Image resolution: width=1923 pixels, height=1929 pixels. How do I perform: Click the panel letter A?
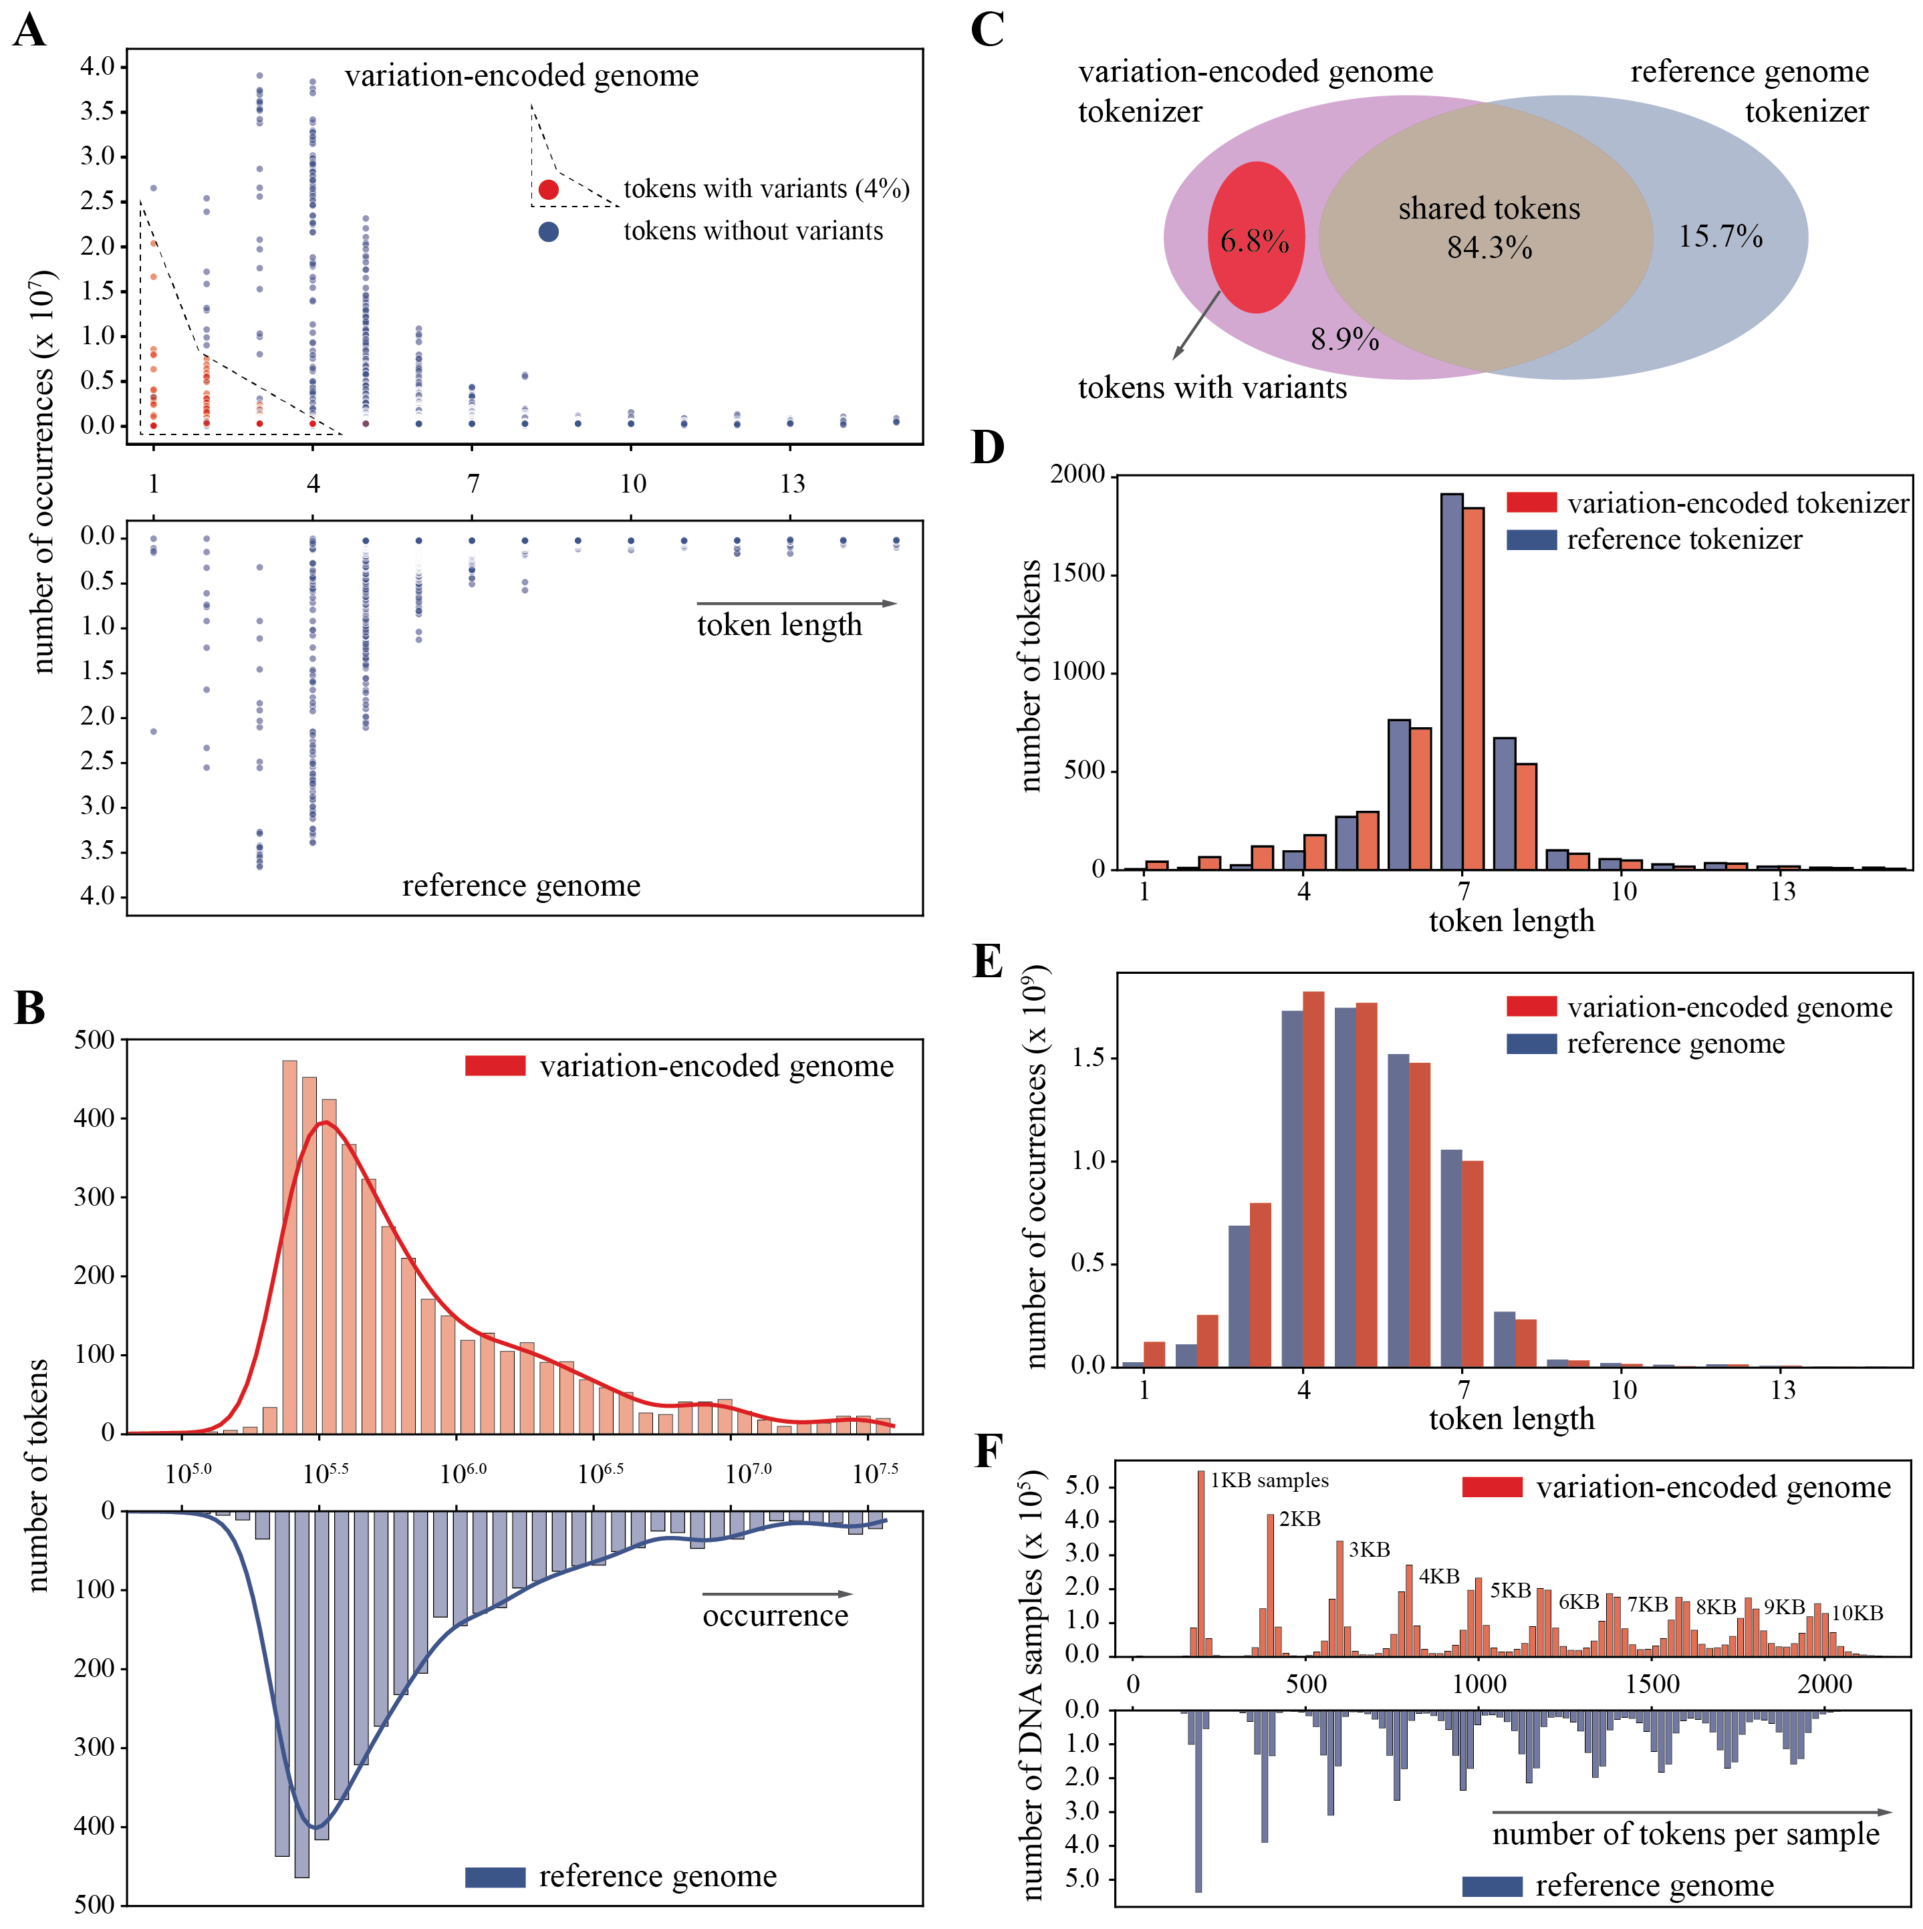click(x=30, y=30)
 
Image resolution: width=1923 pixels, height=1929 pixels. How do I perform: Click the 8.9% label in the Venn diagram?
click(x=1344, y=340)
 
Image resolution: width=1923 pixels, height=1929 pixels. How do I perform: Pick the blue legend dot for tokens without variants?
click(x=548, y=232)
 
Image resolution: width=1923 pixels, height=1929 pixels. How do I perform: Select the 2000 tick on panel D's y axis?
click(x=1077, y=475)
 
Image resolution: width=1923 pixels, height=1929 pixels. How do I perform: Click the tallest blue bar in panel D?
click(x=1452, y=681)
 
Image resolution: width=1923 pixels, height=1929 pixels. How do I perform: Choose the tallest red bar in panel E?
click(x=1314, y=1178)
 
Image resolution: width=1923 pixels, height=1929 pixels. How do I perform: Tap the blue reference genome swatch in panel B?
click(x=495, y=1877)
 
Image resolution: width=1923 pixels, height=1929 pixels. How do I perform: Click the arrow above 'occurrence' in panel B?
click(x=777, y=1593)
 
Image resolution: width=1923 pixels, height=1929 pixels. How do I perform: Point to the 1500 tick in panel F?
click(x=1652, y=1684)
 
